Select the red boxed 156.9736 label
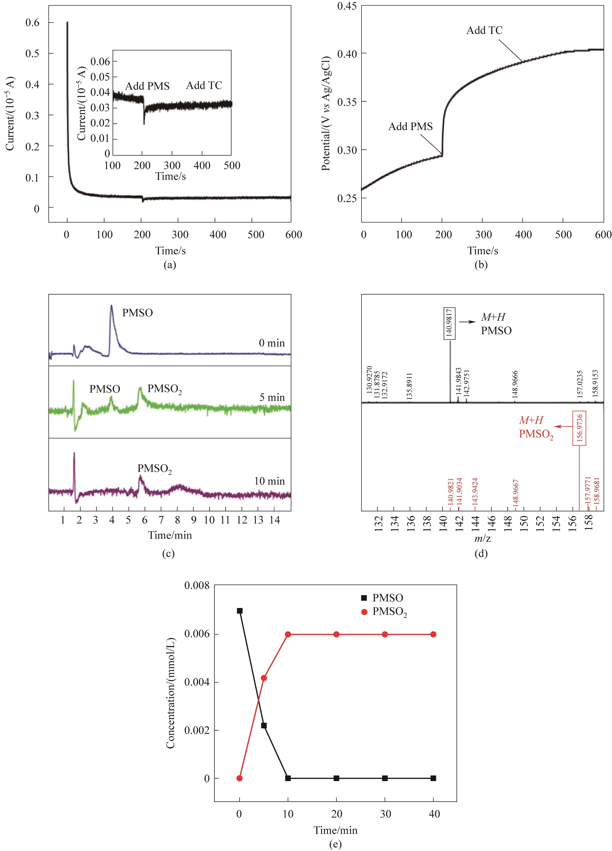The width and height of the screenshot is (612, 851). point(579,428)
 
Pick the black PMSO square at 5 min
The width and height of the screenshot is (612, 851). point(264,726)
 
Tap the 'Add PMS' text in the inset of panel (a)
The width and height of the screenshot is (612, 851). point(147,86)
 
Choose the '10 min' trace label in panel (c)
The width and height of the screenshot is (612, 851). point(269,481)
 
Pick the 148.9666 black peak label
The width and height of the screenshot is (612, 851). point(515,384)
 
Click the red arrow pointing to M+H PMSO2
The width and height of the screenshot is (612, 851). point(563,426)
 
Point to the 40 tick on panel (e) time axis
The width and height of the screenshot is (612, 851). point(434,814)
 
